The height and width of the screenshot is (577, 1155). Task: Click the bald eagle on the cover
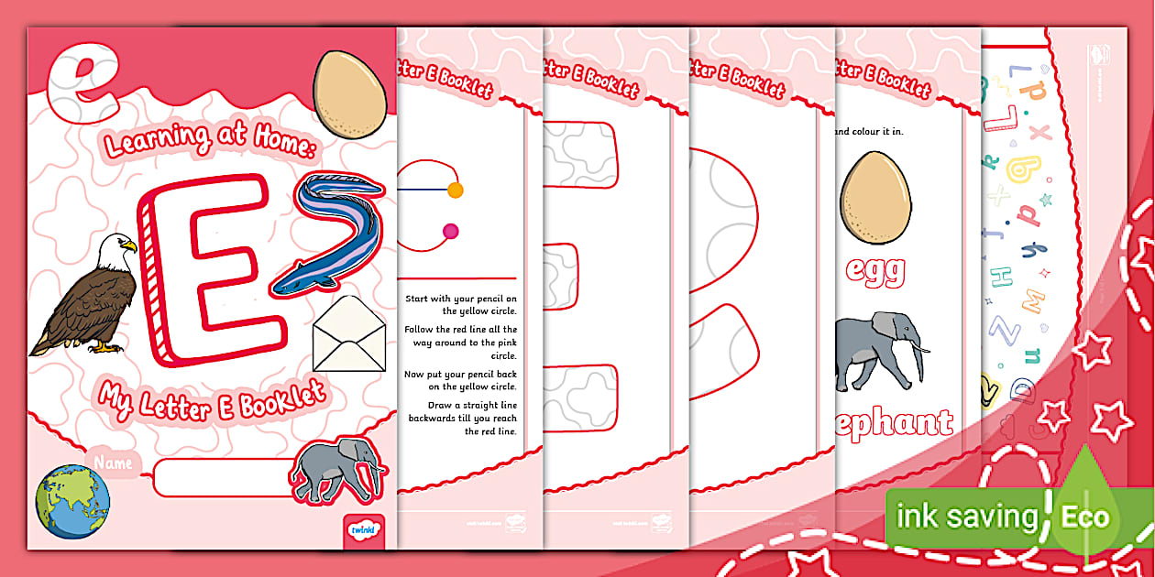coord(86,298)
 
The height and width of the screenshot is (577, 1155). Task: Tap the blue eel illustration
coord(330,234)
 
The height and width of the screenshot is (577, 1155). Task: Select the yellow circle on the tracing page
coord(455,191)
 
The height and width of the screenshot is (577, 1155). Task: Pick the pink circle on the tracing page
coord(450,232)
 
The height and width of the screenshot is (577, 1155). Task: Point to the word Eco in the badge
coord(1085,517)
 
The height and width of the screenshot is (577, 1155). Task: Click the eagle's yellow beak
coord(128,245)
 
